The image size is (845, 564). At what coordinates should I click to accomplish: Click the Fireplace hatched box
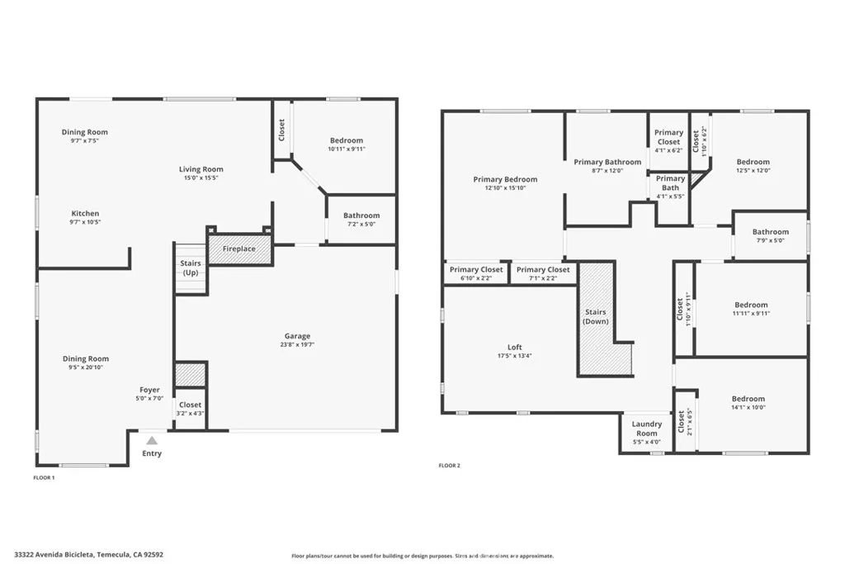(x=239, y=249)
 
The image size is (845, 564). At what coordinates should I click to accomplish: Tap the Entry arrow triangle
(x=152, y=441)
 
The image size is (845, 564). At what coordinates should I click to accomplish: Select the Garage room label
(x=297, y=336)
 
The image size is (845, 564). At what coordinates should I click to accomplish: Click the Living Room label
(x=201, y=169)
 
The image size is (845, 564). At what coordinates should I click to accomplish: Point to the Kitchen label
(x=85, y=213)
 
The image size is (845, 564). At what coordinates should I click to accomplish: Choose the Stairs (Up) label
(x=191, y=268)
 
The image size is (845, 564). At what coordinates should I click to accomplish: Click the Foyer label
(x=149, y=390)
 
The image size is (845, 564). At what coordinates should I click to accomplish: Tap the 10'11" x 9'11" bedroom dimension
(x=346, y=149)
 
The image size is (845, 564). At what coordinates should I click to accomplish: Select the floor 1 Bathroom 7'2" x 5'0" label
(x=361, y=216)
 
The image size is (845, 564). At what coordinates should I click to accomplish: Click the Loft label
(x=514, y=347)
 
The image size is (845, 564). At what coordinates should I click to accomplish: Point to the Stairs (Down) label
(x=595, y=316)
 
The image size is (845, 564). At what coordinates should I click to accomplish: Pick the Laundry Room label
(x=647, y=429)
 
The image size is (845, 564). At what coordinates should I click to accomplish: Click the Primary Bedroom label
(x=505, y=179)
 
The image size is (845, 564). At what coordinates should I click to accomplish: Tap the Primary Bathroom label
(x=607, y=162)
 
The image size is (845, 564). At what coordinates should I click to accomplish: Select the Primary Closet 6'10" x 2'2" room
(x=475, y=273)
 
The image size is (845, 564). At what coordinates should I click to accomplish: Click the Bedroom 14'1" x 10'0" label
(x=748, y=399)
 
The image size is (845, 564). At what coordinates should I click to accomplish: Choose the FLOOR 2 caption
(x=449, y=466)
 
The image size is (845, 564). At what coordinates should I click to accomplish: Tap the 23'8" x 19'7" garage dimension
(x=297, y=345)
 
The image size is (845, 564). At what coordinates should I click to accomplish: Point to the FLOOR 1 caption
(x=44, y=478)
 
